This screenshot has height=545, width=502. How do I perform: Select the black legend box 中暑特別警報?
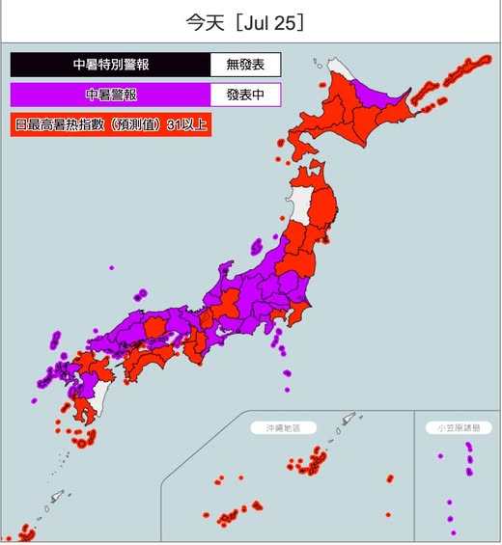coord(111,66)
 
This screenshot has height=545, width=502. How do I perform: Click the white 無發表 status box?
coord(245,66)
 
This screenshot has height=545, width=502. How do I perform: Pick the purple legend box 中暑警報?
coord(111,95)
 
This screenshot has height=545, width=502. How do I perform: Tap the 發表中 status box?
coord(245,95)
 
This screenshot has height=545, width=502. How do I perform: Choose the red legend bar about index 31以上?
coord(110,125)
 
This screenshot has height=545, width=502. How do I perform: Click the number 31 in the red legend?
coord(175,125)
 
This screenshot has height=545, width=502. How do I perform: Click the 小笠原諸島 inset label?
coord(458,425)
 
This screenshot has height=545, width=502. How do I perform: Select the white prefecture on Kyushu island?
coord(100,395)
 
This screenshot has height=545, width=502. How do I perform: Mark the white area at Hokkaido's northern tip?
coord(341,69)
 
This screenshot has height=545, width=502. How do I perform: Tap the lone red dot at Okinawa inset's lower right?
coord(388,515)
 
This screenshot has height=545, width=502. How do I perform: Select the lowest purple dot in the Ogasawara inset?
coord(452,531)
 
